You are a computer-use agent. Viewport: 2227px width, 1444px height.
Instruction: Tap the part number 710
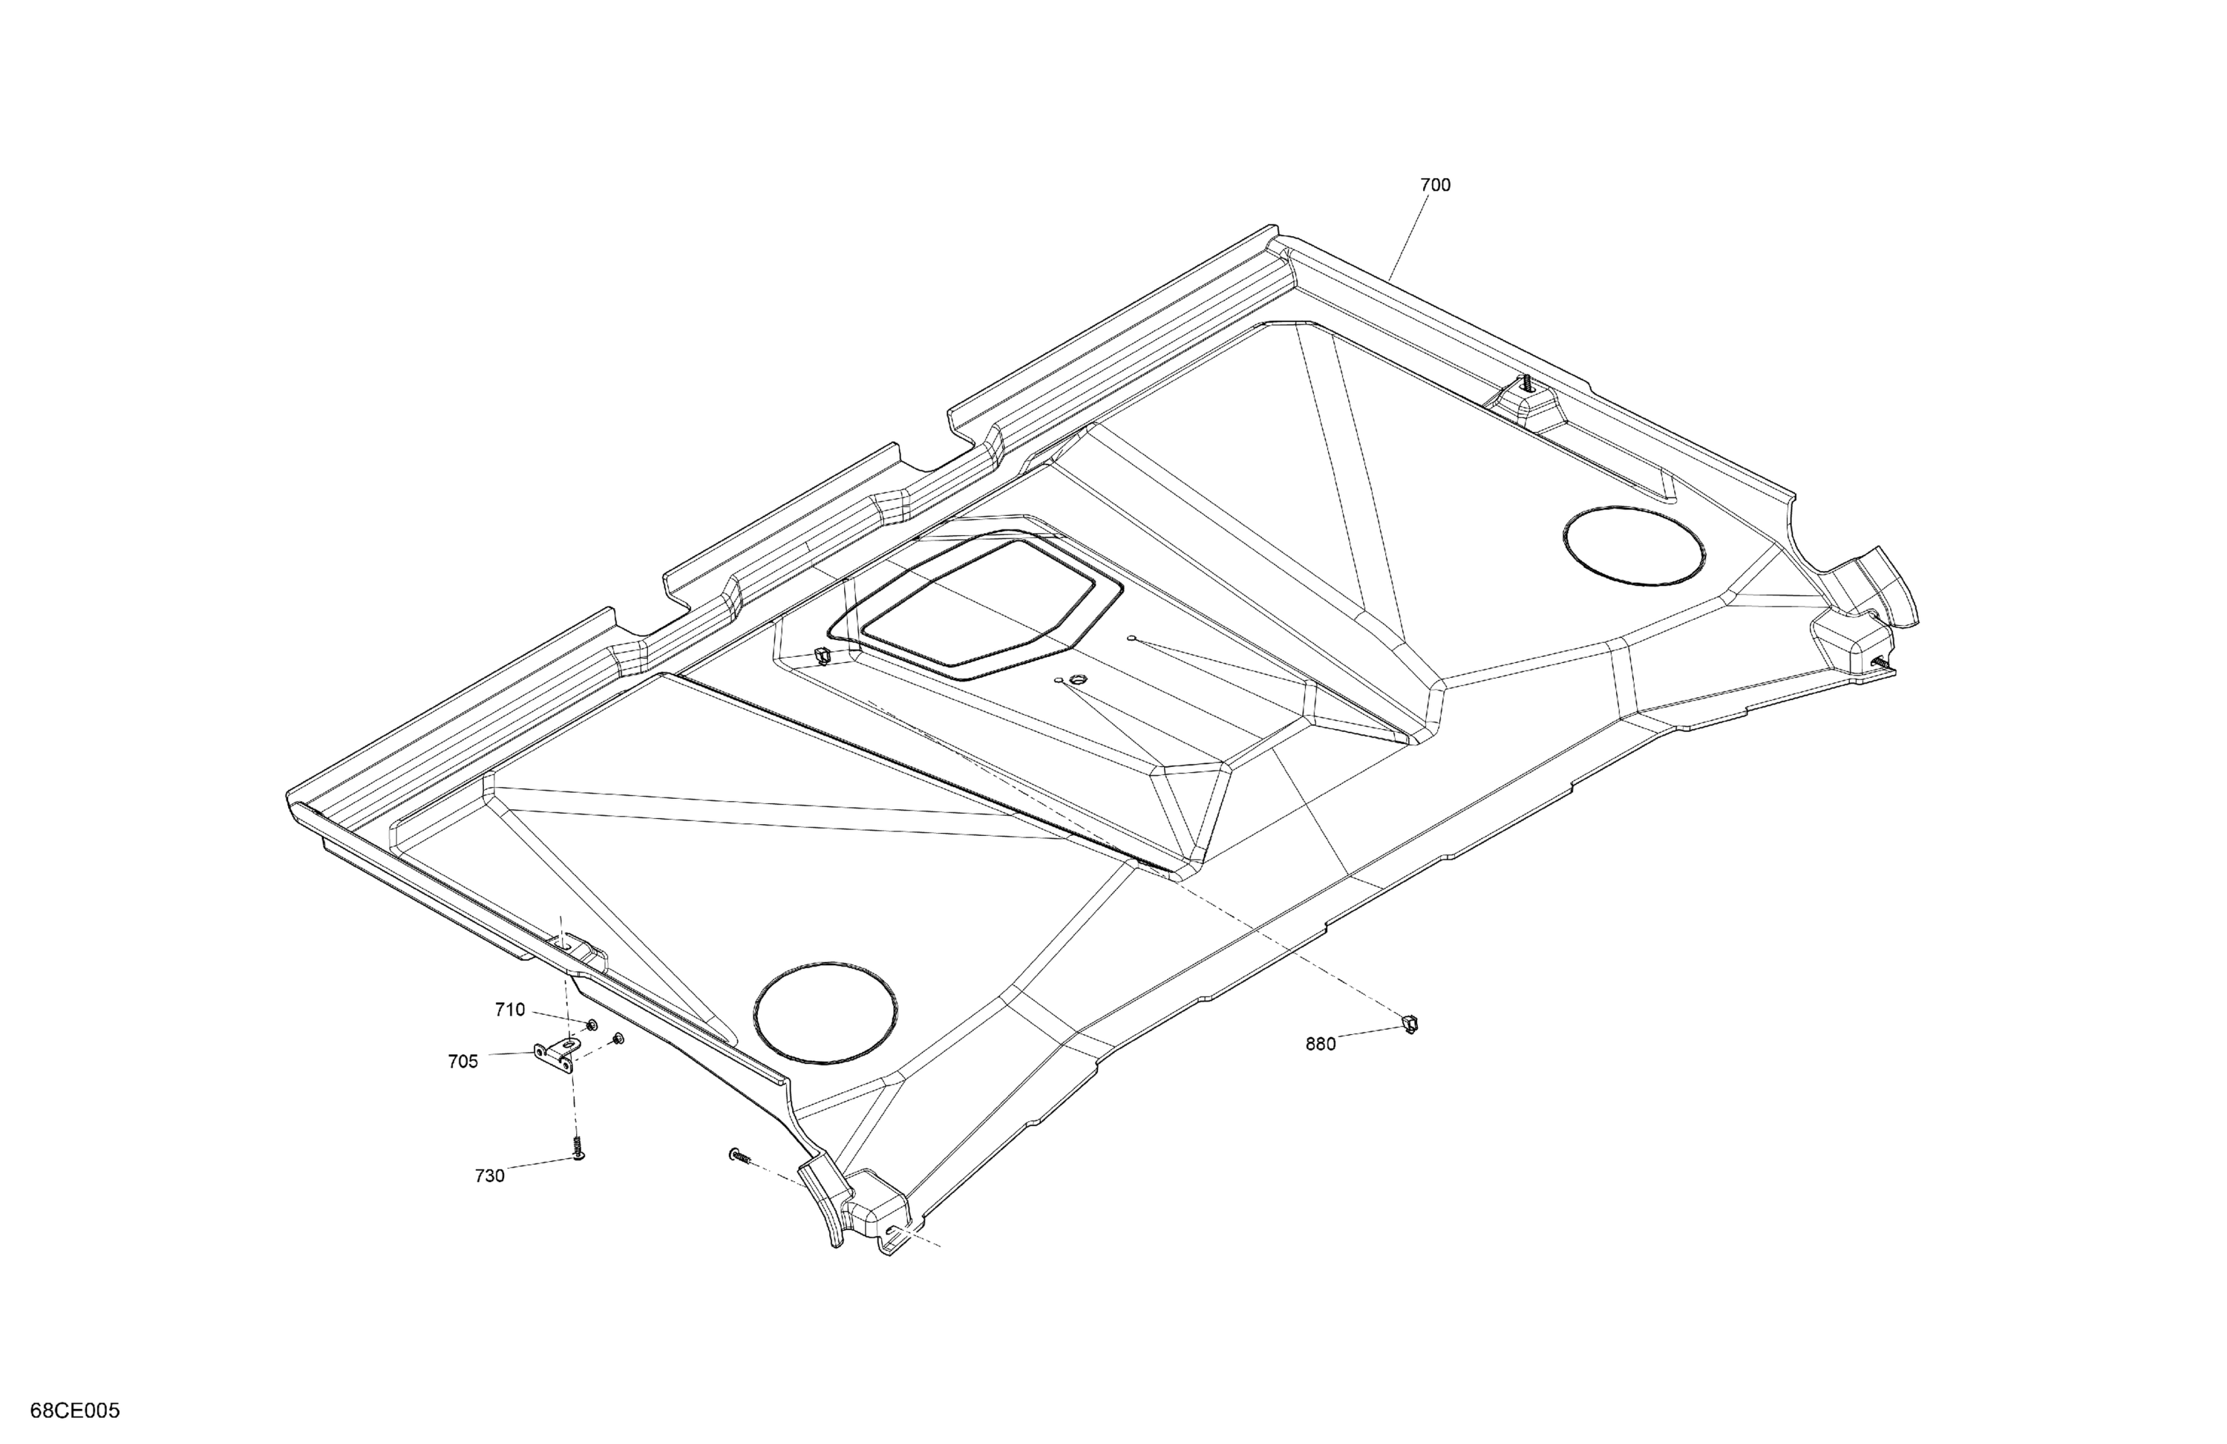(x=510, y=1010)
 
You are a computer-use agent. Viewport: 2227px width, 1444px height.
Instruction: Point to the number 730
(x=489, y=1176)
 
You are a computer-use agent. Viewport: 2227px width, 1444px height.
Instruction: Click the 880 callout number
(x=1321, y=1045)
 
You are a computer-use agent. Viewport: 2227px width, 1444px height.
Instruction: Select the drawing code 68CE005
(x=75, y=1411)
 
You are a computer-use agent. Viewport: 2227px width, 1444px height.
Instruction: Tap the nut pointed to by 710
(x=592, y=1027)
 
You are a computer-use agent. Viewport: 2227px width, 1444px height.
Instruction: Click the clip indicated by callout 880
(x=1410, y=1024)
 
